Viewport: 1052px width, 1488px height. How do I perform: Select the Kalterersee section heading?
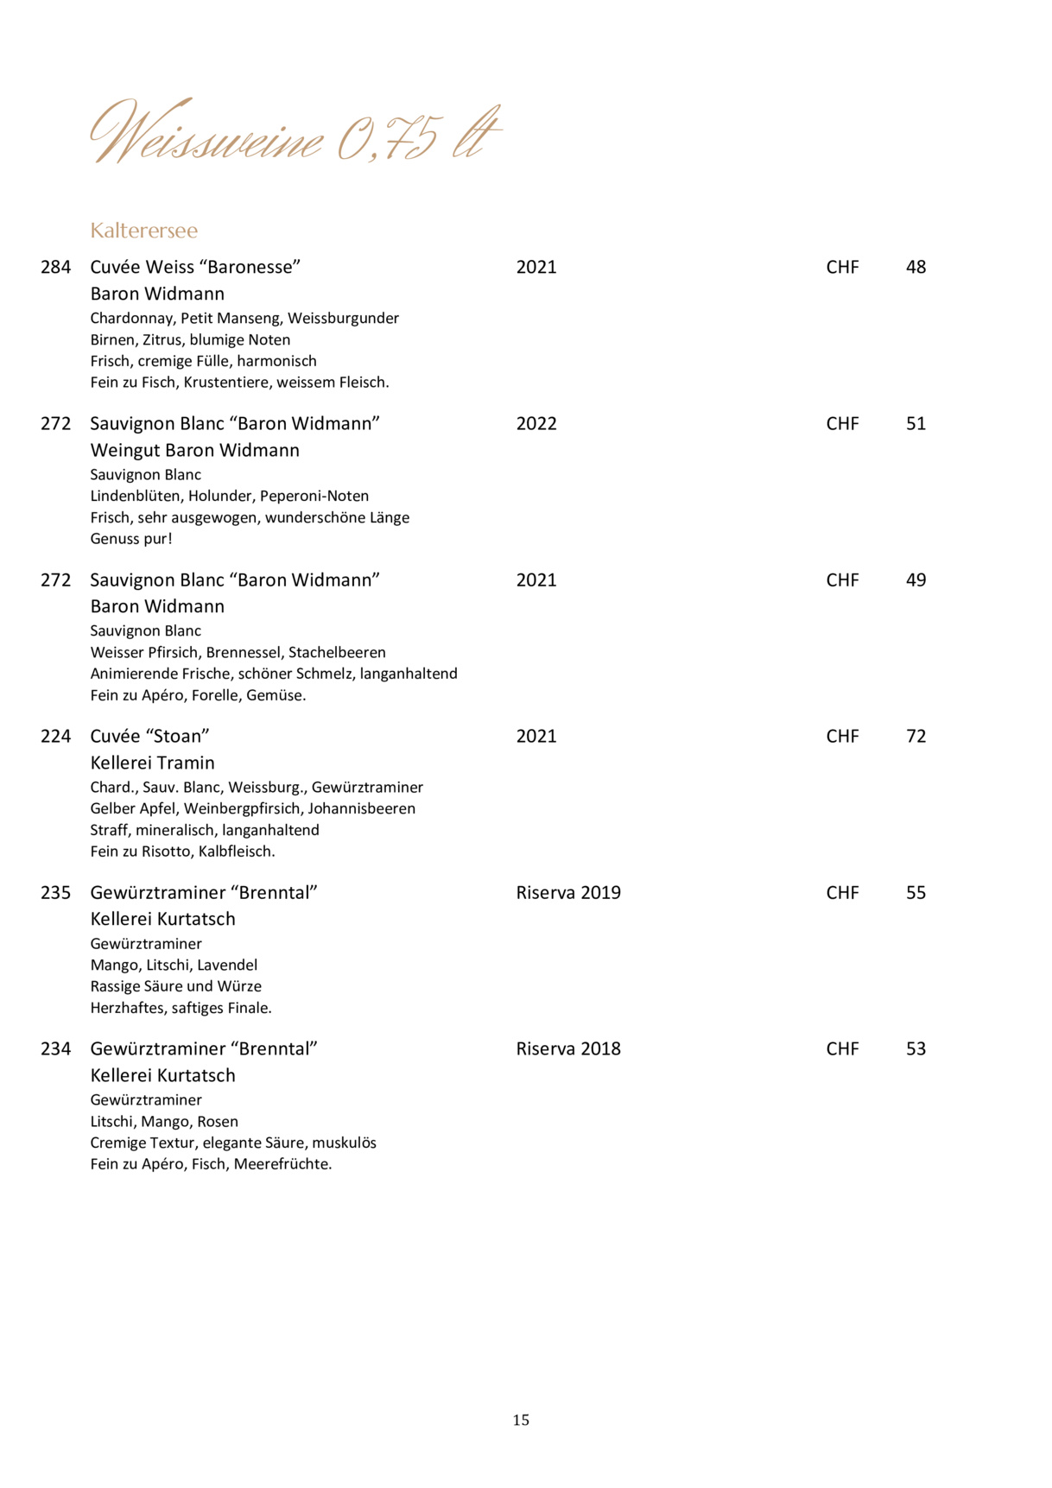pos(144,231)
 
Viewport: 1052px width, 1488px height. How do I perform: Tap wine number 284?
pos(56,268)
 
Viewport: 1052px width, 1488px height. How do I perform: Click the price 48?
pos(916,268)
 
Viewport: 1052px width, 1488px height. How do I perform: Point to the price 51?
pos(916,424)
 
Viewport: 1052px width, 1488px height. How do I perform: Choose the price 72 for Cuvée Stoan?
pos(916,737)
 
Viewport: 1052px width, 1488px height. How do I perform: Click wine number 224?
pos(56,737)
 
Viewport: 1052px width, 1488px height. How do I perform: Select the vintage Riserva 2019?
pos(568,893)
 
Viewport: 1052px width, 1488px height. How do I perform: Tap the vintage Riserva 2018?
pos(568,1049)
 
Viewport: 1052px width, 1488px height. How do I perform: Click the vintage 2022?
pos(536,424)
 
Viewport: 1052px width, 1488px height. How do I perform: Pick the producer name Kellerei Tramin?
pos(153,763)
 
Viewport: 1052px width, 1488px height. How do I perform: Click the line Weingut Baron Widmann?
pos(195,451)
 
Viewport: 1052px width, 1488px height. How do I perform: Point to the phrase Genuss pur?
pos(131,539)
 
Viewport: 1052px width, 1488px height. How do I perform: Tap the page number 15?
pos(521,1420)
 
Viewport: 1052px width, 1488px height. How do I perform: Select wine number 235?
pos(56,893)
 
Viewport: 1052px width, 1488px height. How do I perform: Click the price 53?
pos(916,1049)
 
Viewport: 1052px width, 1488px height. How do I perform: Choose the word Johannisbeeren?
pos(362,809)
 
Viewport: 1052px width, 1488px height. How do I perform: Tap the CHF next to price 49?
pos(842,580)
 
